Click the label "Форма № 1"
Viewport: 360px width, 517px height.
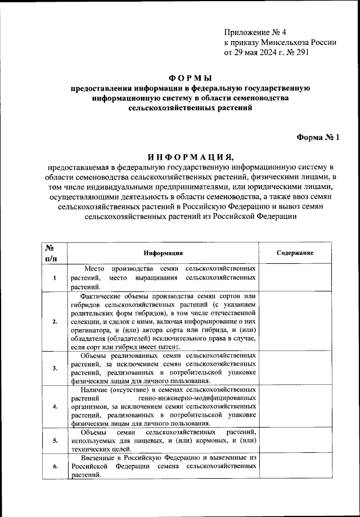coord(318,137)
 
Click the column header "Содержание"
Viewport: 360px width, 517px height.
coord(295,253)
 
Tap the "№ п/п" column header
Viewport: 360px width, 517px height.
coord(50,253)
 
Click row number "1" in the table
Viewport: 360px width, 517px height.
coord(54,278)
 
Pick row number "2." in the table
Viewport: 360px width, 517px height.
coord(54,321)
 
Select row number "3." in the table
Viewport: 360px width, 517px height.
coord(54,368)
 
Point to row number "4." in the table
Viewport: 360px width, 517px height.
coord(54,407)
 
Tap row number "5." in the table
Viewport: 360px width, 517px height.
coord(54,441)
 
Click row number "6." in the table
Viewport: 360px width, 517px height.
coord(54,467)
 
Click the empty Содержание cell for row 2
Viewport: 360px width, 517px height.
coord(295,321)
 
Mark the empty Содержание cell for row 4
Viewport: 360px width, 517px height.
coord(295,407)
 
